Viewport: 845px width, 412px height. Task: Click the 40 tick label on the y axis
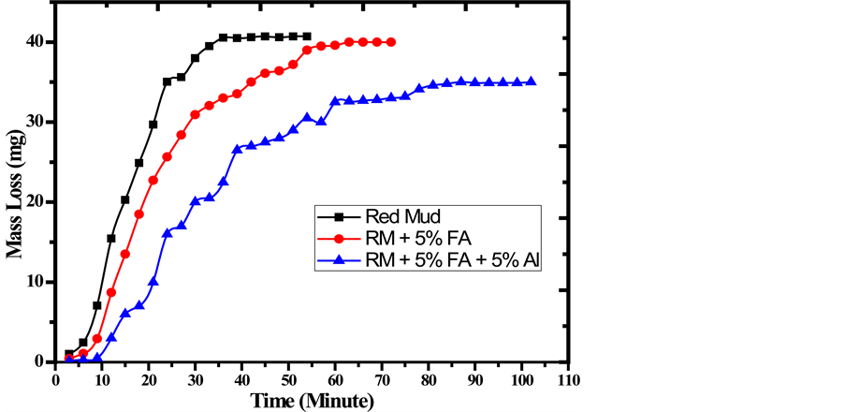coord(36,42)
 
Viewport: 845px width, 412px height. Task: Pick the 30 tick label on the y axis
coord(36,122)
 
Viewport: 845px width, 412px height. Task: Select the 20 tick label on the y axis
coord(36,202)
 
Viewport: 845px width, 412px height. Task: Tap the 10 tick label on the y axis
coord(36,282)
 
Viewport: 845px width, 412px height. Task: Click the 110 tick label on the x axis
coord(567,380)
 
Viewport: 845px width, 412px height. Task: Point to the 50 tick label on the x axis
coord(288,380)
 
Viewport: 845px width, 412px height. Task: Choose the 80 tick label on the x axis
coord(428,380)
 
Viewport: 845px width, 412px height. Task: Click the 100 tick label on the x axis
coord(520,380)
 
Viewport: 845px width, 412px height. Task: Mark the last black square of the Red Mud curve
coord(308,37)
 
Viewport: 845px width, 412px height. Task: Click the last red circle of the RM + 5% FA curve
coord(391,42)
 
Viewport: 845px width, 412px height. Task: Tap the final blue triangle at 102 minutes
coord(532,81)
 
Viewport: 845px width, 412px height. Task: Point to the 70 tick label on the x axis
coord(381,380)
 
